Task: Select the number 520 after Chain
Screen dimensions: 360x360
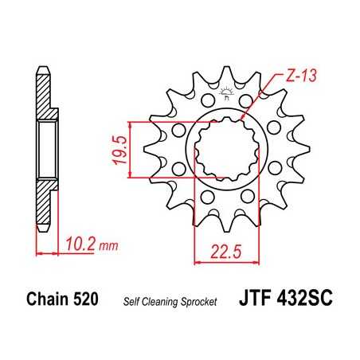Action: [x=88, y=301]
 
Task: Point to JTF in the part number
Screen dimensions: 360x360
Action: [x=256, y=300]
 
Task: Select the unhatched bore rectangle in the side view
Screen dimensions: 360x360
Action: [x=47, y=147]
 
